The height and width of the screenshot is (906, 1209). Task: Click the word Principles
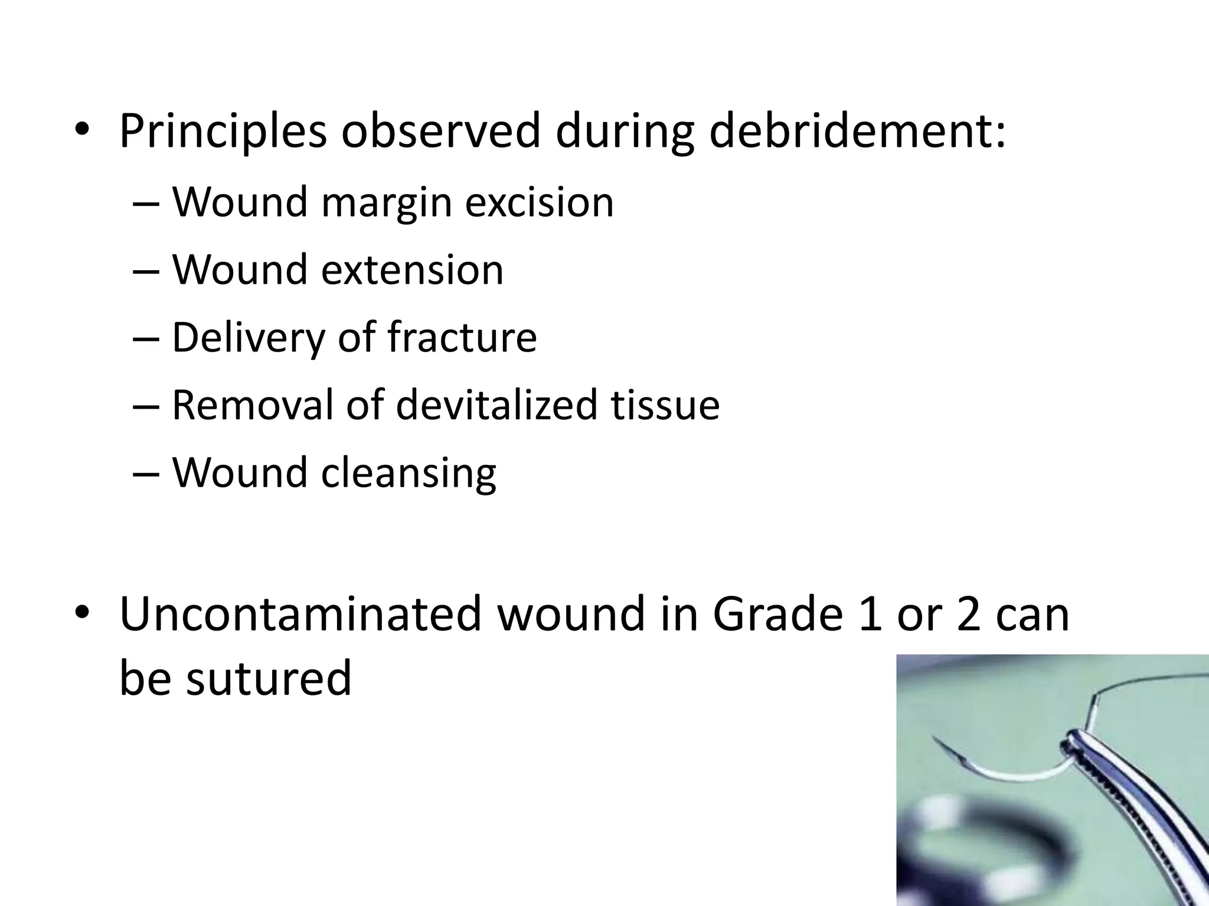coord(223,131)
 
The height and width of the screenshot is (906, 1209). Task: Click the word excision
coord(539,202)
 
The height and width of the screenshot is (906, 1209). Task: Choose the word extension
coord(412,270)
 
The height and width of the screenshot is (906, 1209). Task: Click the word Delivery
coord(248,338)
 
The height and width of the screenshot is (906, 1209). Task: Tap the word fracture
coord(462,337)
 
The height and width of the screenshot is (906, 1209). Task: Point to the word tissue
coord(665,405)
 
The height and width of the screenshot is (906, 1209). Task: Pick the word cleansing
coord(409,474)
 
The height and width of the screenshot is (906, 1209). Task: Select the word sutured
coord(269,678)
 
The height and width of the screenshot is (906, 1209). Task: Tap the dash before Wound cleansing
coord(146,474)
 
